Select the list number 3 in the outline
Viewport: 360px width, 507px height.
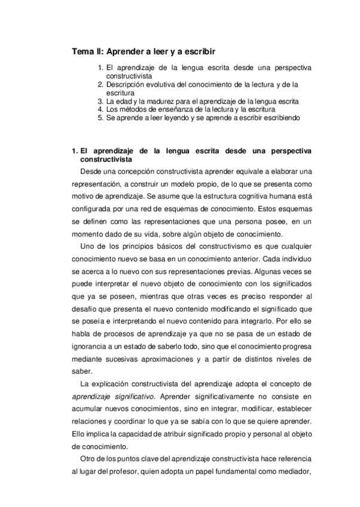[100, 102]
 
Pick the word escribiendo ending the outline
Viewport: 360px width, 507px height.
[279, 118]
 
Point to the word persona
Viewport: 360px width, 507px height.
[236, 221]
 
